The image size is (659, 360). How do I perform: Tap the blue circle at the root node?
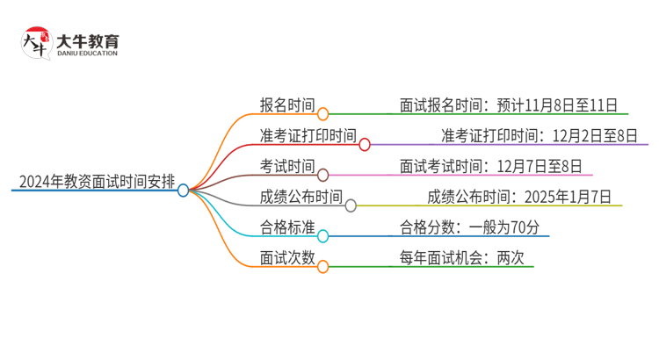(183, 190)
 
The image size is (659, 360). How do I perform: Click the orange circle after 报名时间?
(322, 113)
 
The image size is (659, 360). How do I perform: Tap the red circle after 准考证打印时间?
(365, 144)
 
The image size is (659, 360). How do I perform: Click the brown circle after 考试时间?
(322, 175)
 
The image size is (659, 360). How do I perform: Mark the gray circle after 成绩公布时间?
(351, 205)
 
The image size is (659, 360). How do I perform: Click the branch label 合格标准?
(287, 227)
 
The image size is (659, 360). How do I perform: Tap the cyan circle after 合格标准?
(322, 235)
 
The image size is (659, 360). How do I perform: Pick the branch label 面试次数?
(287, 258)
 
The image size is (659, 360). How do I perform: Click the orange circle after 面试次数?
(322, 266)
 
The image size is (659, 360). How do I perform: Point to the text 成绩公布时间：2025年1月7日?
(519, 197)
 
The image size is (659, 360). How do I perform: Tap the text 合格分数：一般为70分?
(474, 227)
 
